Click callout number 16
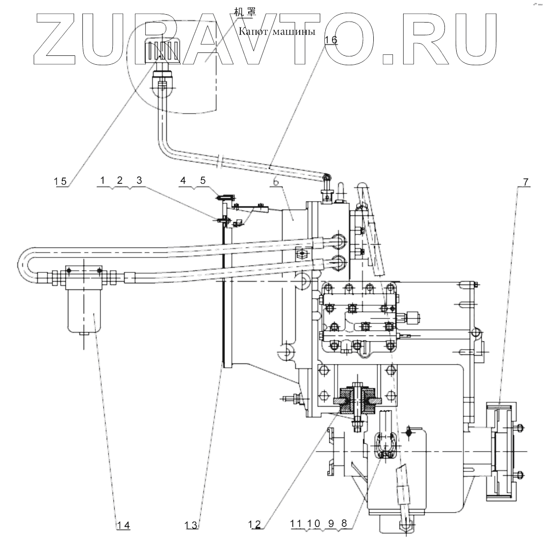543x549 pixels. (x=331, y=40)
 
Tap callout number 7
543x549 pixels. (x=525, y=182)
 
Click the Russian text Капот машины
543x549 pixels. (x=275, y=32)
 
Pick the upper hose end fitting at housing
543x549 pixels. (x=338, y=240)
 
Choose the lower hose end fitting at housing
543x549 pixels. (x=338, y=263)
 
